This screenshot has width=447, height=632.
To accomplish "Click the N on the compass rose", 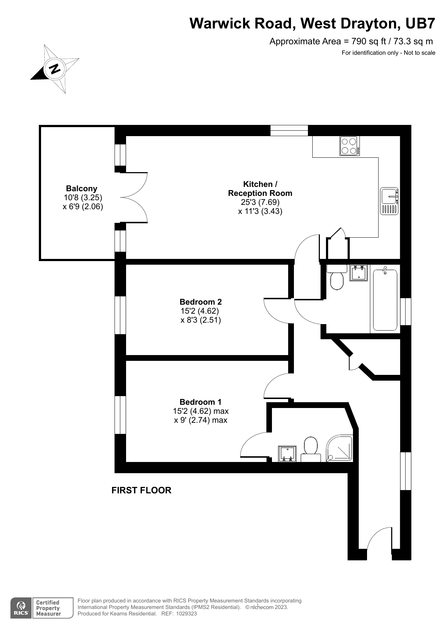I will (55, 68).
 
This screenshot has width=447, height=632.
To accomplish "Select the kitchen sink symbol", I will (389, 201).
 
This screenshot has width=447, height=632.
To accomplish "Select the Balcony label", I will (81, 188).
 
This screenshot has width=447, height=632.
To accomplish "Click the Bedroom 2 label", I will (200, 302).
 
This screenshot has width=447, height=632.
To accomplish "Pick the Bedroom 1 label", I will (200, 402).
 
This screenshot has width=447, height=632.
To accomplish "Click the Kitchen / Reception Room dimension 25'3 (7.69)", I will (260, 202).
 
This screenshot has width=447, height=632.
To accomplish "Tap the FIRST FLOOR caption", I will (141, 490).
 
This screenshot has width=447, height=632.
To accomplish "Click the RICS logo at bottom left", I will (21, 608).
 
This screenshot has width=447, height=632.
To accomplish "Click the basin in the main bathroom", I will (358, 273).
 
